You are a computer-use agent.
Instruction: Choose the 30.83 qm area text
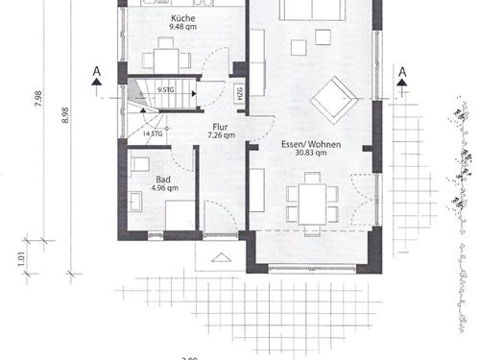(304, 153)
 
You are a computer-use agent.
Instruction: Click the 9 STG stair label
(165, 90)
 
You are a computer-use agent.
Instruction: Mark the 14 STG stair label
(151, 134)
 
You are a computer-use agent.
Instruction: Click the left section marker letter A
(95, 71)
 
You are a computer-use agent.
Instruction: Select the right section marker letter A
(401, 71)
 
